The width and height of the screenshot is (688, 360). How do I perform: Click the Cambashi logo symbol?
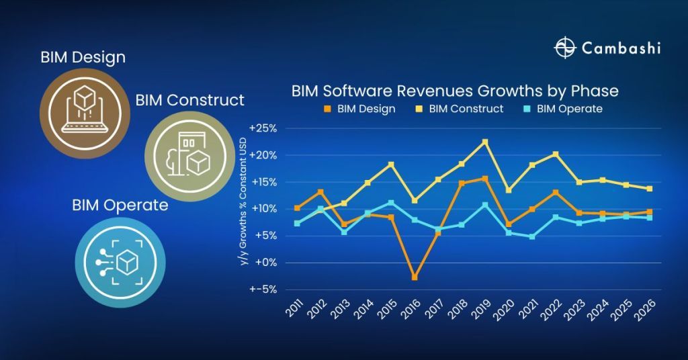[566, 48]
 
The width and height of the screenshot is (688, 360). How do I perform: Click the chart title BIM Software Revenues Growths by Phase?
[455, 91]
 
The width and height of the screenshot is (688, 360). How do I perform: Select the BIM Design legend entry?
[359, 108]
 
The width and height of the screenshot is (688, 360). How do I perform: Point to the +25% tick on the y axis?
[263, 128]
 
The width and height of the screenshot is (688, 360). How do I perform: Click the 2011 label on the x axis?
[294, 311]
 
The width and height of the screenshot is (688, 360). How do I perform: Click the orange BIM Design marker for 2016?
[415, 277]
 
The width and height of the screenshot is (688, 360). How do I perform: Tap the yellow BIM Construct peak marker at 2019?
[485, 142]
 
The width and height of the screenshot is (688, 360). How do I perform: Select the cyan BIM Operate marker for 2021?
[532, 236]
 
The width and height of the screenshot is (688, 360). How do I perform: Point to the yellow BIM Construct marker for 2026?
[650, 189]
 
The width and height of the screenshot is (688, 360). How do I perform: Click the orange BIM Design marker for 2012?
[320, 192]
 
